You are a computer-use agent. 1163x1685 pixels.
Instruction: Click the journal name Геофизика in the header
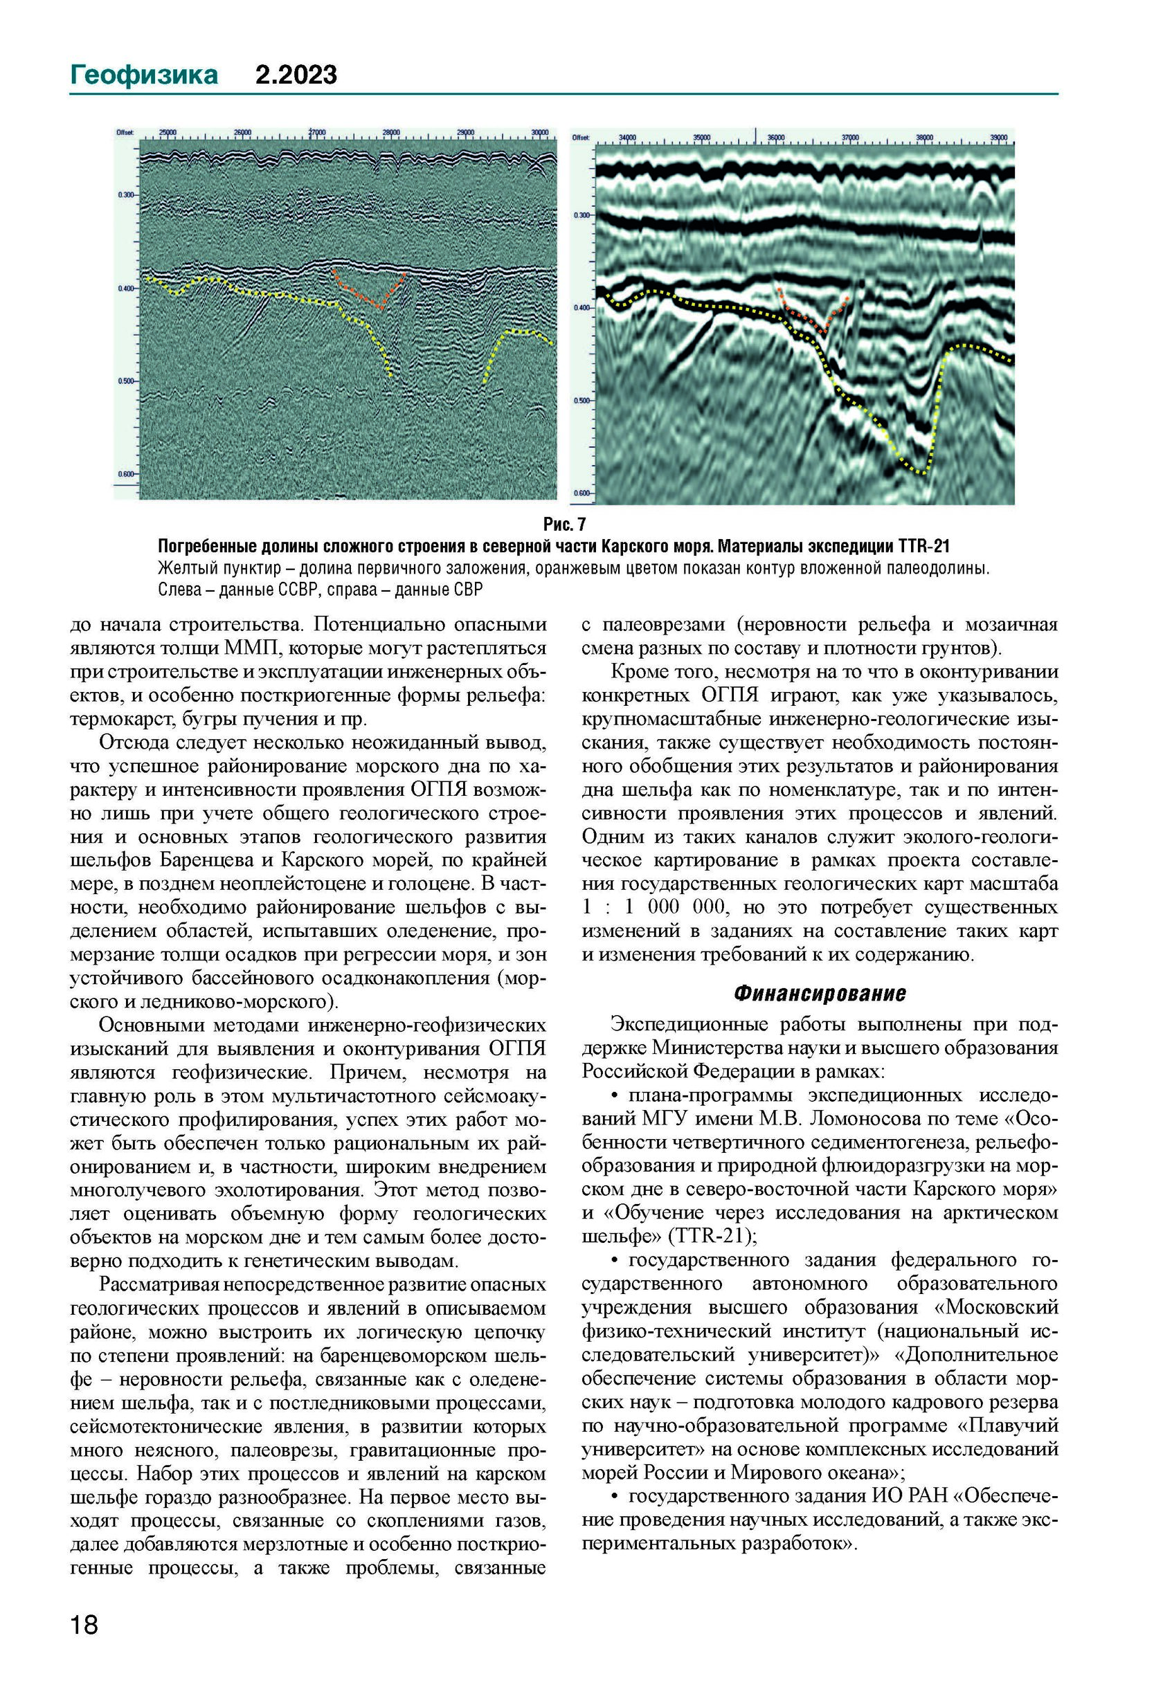point(143,75)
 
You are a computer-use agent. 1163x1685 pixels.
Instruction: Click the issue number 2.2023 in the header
point(296,75)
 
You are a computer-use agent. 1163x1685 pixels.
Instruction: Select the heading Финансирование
point(820,994)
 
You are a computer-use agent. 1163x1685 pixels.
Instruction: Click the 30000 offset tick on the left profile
point(540,133)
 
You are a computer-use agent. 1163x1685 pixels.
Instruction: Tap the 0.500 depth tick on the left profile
point(127,381)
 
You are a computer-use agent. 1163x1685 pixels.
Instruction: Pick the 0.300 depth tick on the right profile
point(582,216)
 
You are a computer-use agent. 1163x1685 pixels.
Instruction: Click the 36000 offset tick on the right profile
point(775,137)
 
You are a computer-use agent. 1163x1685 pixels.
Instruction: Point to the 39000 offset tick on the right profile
point(998,137)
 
